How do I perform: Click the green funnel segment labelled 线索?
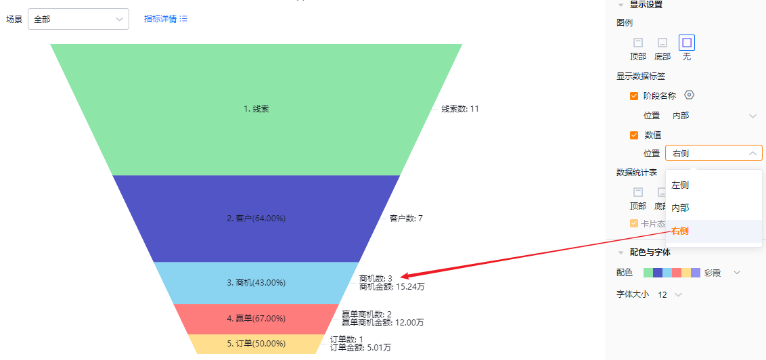click(256, 109)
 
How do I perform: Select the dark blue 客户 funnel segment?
click(256, 219)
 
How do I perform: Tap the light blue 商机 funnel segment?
click(256, 282)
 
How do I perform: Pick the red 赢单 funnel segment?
click(256, 319)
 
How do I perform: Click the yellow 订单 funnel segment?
click(256, 343)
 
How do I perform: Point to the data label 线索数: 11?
click(460, 109)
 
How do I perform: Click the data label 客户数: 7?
click(406, 219)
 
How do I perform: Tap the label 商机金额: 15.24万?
click(392, 287)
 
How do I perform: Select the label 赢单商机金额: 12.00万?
click(382, 322)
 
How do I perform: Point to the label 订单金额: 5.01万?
click(361, 348)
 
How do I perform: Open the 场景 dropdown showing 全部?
click(78, 19)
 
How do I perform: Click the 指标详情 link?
click(166, 19)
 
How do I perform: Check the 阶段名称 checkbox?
click(634, 96)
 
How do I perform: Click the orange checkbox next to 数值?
click(634, 135)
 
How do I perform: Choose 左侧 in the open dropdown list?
click(680, 185)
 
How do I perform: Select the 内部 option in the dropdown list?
click(680, 208)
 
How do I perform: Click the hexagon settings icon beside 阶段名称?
click(689, 95)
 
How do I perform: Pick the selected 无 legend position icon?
click(687, 43)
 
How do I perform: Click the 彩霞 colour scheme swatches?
click(672, 273)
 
